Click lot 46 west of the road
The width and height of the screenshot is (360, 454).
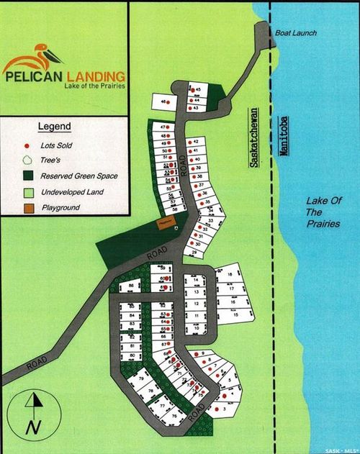tap(165, 102)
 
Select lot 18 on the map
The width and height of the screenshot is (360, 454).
tap(230, 275)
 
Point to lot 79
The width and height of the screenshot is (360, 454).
tap(141, 378)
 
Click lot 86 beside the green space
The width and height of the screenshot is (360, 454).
tap(131, 286)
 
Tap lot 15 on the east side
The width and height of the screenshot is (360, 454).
tap(235, 315)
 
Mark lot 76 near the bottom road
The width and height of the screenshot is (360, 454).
tap(174, 416)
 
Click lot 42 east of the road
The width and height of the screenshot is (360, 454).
tap(196, 142)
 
